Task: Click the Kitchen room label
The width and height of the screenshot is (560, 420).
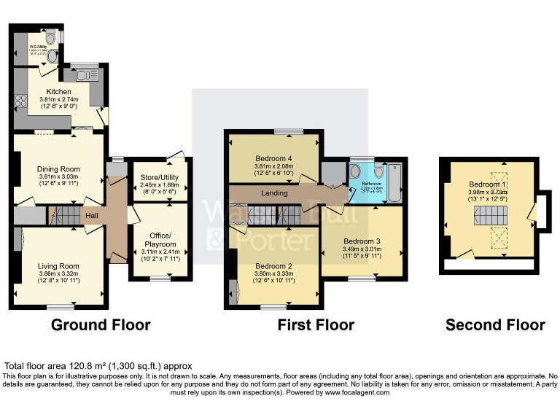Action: (x=58, y=91)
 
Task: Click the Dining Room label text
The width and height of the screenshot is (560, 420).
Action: (x=58, y=169)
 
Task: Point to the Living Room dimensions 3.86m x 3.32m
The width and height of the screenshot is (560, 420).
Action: (x=58, y=274)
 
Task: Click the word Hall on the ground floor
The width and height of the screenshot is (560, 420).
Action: (x=91, y=216)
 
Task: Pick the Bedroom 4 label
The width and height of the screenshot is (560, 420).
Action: (x=274, y=158)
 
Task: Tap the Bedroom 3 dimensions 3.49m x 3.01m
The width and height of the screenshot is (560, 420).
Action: (x=362, y=249)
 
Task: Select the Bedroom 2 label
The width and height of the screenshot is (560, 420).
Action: (x=274, y=265)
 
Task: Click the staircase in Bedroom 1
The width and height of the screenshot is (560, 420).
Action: (x=488, y=214)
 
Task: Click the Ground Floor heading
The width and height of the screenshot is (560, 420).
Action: (x=101, y=325)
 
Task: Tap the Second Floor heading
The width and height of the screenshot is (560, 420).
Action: (x=495, y=325)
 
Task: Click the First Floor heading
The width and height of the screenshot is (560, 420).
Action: (x=316, y=325)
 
